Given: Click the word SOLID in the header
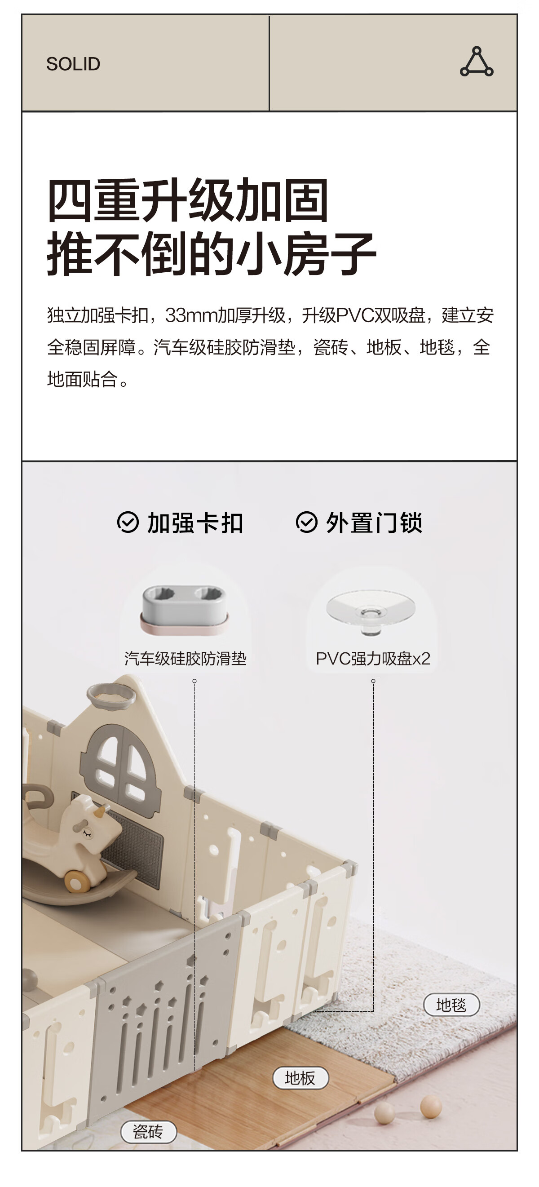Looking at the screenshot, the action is click(x=73, y=64).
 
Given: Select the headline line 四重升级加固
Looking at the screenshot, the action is click(x=188, y=200).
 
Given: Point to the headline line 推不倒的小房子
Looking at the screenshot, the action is click(x=212, y=253).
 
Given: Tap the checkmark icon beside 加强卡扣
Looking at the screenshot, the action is click(x=128, y=523).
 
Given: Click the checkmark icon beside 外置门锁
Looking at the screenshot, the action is click(x=306, y=523).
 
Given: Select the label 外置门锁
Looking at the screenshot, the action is click(x=374, y=523).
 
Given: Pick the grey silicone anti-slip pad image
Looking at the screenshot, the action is click(x=184, y=609).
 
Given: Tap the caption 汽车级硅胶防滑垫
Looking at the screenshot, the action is click(x=185, y=659).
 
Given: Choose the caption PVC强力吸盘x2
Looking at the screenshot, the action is click(x=373, y=659).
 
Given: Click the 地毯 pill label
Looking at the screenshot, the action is click(x=451, y=1005).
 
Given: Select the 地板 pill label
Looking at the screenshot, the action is click(x=300, y=1078).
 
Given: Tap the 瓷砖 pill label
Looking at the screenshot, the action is click(x=148, y=1132).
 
